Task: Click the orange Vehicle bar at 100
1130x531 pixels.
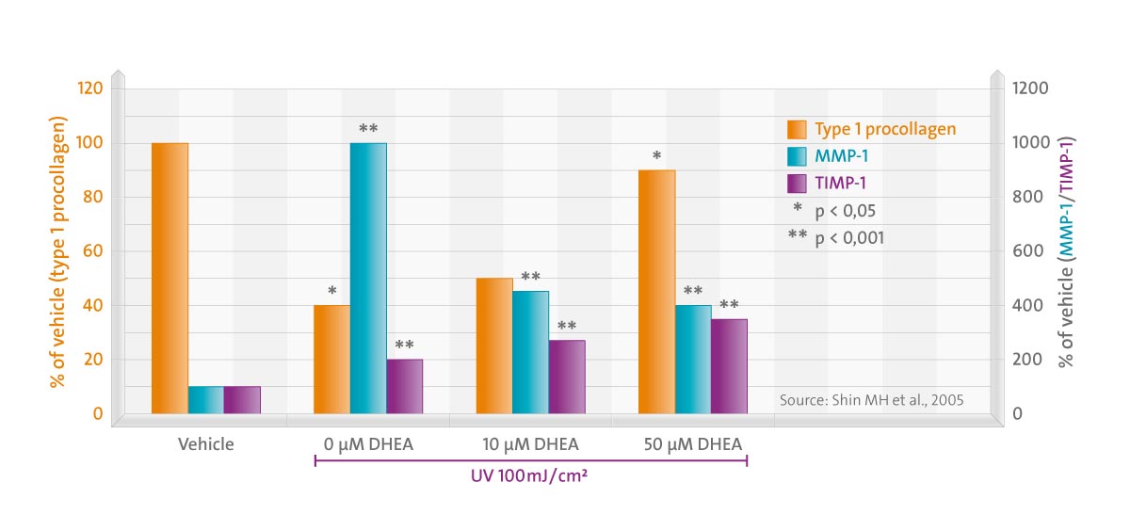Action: tap(169, 278)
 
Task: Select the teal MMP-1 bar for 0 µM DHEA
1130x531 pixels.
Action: tap(368, 278)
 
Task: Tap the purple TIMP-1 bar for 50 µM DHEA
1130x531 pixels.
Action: tap(729, 365)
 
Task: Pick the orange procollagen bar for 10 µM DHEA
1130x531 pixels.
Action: tap(494, 346)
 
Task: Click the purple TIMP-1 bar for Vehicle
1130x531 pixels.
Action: tap(242, 399)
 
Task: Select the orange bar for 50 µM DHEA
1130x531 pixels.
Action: tap(656, 291)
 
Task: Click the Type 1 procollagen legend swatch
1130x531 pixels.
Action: tap(798, 129)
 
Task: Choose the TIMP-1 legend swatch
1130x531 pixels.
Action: tap(798, 184)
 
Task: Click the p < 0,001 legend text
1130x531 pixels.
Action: tap(849, 238)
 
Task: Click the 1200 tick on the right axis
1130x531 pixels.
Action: tap(1029, 88)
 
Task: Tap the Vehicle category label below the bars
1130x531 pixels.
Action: tap(206, 443)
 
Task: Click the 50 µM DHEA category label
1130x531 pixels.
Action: tap(693, 443)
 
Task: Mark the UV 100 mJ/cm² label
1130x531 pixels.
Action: tap(530, 476)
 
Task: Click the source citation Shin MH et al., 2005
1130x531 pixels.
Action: tap(872, 399)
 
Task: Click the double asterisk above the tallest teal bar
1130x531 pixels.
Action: tap(368, 127)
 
